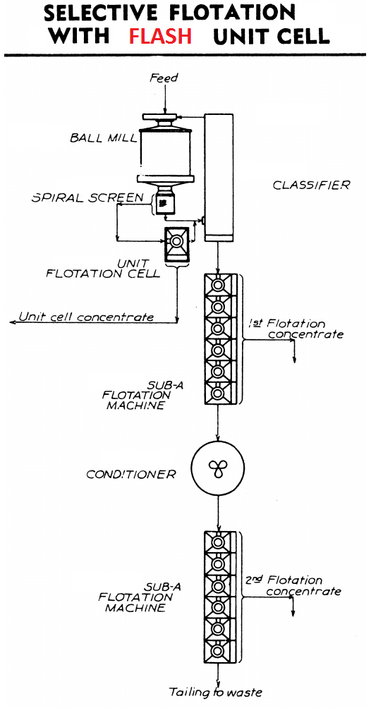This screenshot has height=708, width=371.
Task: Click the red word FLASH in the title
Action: (x=160, y=36)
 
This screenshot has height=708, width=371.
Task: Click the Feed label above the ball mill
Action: (x=164, y=78)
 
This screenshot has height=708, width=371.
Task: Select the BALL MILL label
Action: (x=103, y=138)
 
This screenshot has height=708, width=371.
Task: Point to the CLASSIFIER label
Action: (x=311, y=185)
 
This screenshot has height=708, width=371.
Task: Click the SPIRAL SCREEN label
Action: (x=87, y=198)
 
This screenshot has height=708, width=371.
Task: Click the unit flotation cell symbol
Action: (x=176, y=244)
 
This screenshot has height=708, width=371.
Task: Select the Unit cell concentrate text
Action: (x=86, y=317)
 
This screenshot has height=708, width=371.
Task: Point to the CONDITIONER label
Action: (x=130, y=475)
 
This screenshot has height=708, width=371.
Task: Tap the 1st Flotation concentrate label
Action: (x=296, y=329)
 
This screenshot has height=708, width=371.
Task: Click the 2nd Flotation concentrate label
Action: (x=293, y=585)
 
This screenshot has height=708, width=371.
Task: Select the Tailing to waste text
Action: (x=215, y=692)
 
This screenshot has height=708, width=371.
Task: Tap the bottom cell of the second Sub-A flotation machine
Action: (x=218, y=651)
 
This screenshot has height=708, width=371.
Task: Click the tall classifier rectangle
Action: (x=219, y=178)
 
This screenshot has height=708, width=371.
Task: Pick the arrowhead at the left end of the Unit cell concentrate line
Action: (x=13, y=322)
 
